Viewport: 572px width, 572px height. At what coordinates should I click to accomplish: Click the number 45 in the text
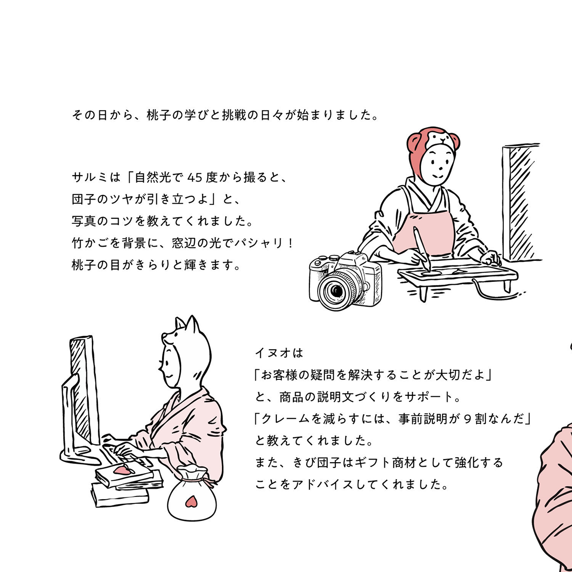[195, 177]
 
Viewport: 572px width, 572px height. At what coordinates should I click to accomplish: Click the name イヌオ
[273, 353]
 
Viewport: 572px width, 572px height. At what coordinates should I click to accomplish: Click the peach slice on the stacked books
[123, 470]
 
